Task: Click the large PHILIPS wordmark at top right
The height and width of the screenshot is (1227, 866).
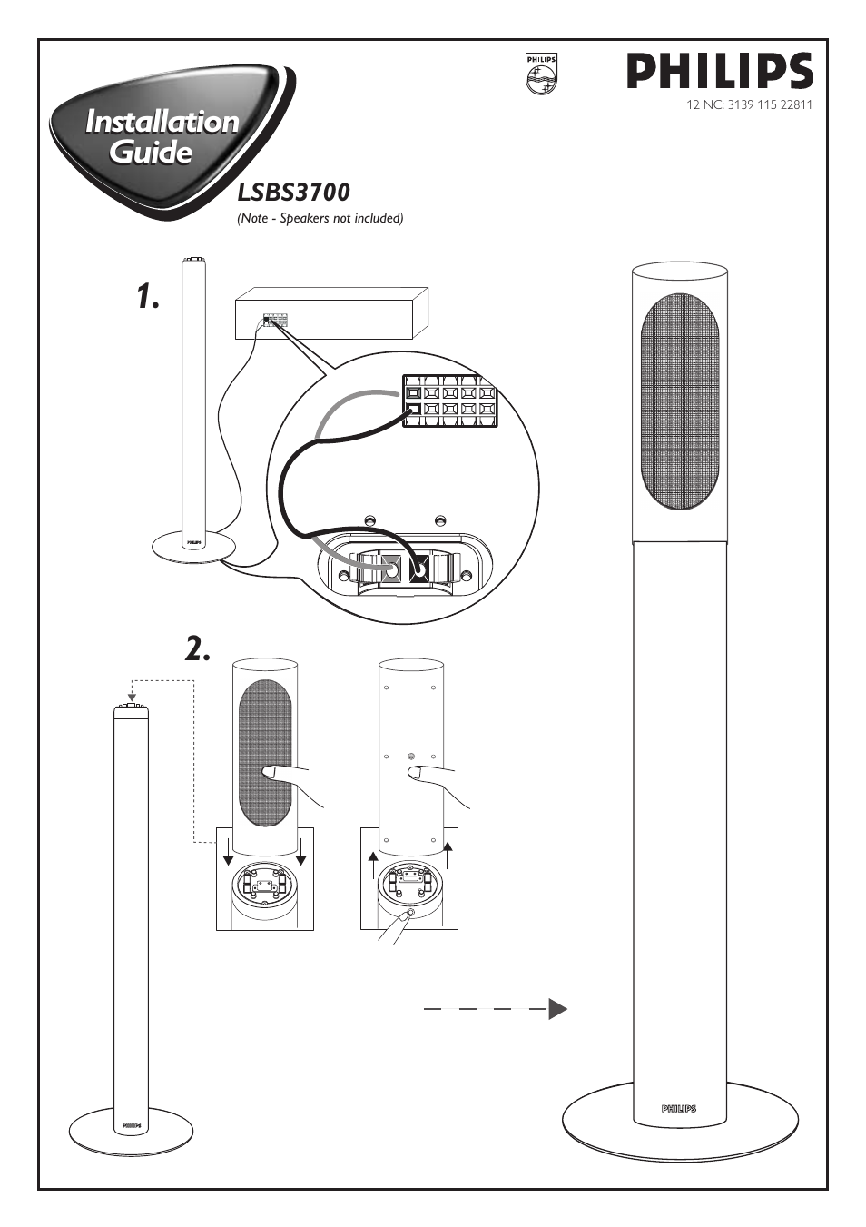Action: point(719,71)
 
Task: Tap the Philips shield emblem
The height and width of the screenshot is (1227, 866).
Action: point(541,74)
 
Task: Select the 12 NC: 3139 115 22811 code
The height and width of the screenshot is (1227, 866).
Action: point(749,104)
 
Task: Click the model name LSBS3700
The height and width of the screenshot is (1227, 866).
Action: point(292,193)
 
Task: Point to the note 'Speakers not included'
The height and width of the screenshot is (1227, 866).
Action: point(320,218)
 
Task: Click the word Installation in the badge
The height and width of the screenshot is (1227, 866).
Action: point(162,122)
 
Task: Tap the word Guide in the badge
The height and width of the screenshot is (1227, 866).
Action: point(151,151)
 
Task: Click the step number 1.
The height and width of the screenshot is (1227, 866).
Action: point(148,296)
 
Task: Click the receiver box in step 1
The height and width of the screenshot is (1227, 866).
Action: point(331,313)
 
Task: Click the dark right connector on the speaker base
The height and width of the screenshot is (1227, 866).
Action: point(418,569)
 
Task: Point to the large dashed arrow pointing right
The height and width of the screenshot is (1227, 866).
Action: point(496,1008)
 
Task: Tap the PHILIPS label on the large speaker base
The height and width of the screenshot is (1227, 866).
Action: point(679,1108)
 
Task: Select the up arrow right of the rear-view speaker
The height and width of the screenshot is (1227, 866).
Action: point(448,856)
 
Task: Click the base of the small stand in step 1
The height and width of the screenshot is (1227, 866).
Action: point(192,548)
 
